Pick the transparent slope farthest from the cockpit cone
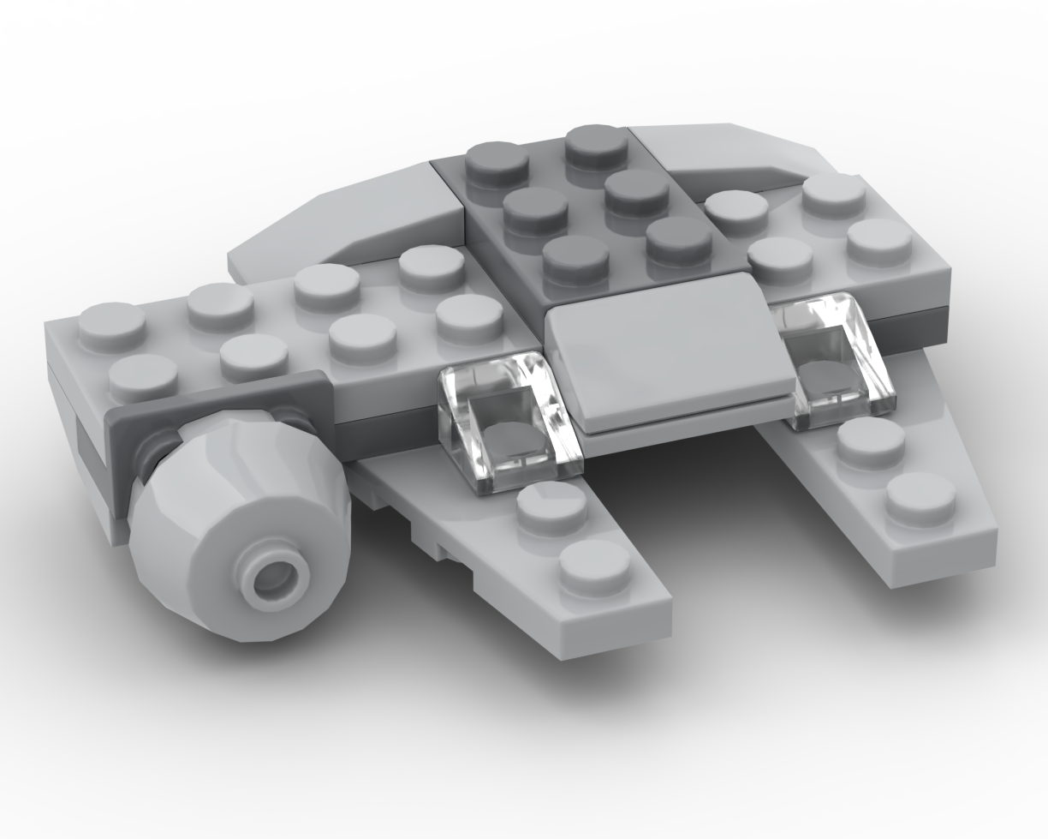(x=835, y=360)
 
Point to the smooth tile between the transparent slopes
(x=668, y=351)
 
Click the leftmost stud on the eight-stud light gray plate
(x=112, y=327)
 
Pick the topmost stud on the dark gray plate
(x=596, y=146)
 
